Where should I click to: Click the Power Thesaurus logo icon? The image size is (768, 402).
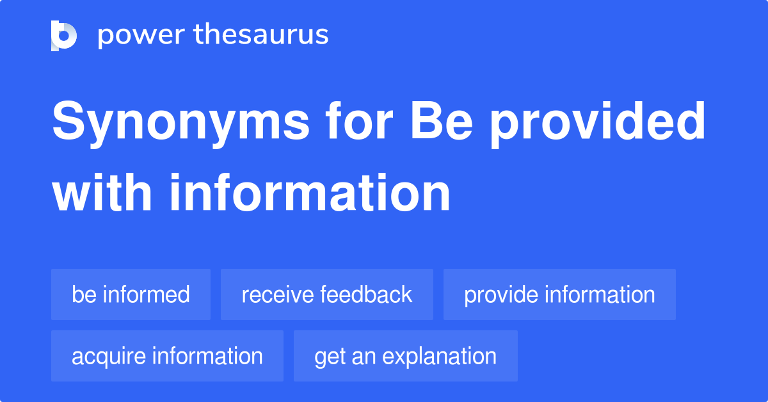tap(64, 35)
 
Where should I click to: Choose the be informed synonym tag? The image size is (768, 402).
tap(131, 294)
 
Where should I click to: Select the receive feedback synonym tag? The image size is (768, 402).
tap(326, 294)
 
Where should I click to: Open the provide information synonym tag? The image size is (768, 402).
tap(559, 294)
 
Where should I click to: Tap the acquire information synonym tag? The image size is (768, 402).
tap(167, 356)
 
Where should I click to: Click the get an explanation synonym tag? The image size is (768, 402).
tap(405, 356)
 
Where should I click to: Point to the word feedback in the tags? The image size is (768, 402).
tap(366, 294)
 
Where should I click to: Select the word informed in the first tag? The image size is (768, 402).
tap(147, 294)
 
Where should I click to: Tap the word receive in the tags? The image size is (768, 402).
tap(278, 294)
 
